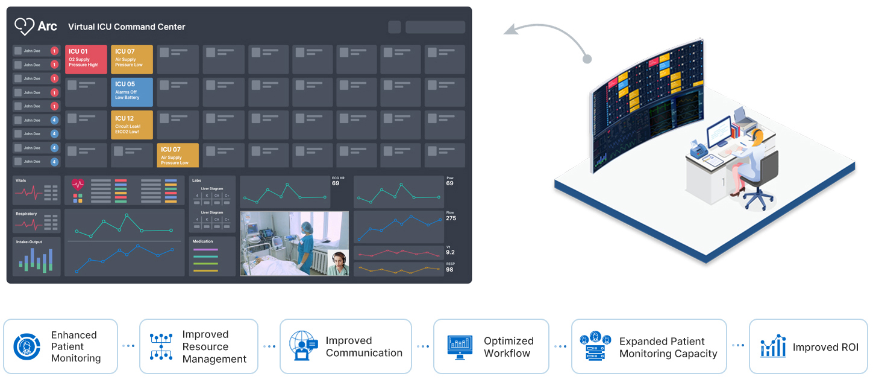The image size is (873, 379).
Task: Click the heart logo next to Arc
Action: (24, 26)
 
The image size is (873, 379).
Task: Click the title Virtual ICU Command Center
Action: (127, 27)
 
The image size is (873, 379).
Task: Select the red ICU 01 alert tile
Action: (86, 59)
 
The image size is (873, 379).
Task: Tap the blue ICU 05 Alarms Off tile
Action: (131, 92)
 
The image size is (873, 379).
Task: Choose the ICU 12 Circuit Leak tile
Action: (131, 124)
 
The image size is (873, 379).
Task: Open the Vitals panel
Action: (36, 191)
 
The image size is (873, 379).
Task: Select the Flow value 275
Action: (451, 218)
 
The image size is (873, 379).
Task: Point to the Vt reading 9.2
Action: (450, 252)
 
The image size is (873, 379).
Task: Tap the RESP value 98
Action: (449, 270)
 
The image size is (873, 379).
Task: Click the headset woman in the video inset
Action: (339, 263)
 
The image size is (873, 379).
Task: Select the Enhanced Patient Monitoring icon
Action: (27, 346)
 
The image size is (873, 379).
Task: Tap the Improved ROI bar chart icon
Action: (772, 346)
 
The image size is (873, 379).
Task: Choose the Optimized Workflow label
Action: (508, 347)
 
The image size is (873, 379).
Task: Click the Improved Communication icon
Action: (304, 346)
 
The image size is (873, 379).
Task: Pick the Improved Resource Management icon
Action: (161, 346)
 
